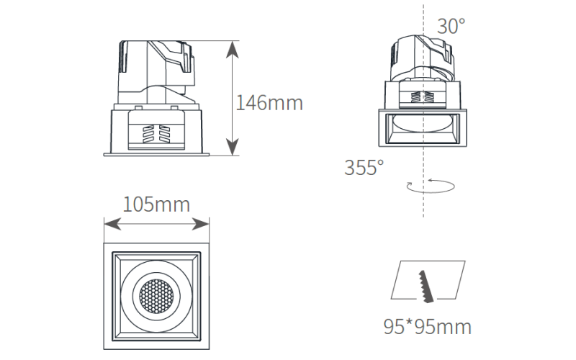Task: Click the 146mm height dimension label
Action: tap(269, 103)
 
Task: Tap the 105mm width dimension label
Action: tap(156, 204)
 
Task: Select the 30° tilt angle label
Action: tap(451, 26)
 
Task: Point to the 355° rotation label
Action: tap(364, 167)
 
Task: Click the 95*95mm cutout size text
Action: tap(427, 327)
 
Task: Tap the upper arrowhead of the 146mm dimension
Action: tap(232, 49)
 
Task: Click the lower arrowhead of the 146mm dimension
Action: tap(232, 147)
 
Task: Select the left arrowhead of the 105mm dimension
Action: tap(113, 224)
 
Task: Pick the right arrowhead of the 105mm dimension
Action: tap(201, 224)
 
